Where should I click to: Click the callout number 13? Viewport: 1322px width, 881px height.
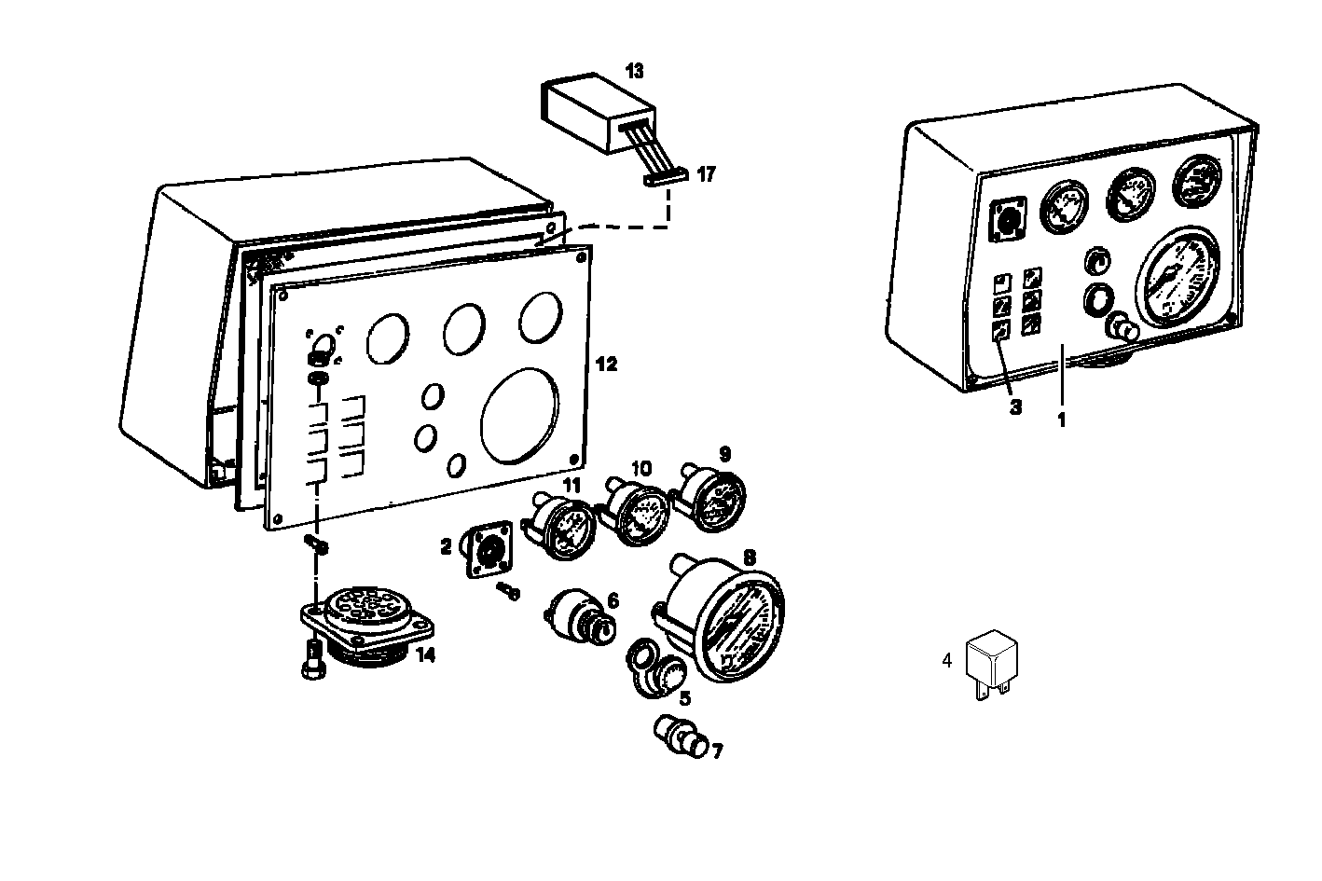(x=634, y=72)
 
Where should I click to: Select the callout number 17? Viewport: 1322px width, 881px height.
(x=706, y=173)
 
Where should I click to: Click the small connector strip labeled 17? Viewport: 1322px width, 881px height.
(x=666, y=176)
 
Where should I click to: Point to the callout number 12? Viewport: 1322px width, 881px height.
(x=606, y=364)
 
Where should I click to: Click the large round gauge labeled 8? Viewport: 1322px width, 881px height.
(x=731, y=619)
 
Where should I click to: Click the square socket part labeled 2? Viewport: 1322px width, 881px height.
(x=488, y=550)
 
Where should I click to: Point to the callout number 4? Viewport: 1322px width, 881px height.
(x=947, y=661)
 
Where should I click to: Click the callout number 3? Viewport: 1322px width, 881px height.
(x=1015, y=406)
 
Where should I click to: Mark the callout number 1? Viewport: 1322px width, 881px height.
(x=1060, y=419)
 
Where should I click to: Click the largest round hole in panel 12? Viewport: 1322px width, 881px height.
(x=520, y=415)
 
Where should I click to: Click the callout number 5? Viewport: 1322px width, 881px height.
(x=684, y=696)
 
